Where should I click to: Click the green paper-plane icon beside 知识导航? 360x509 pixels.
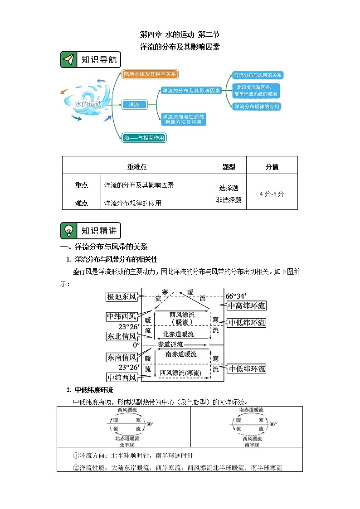(x=68, y=60)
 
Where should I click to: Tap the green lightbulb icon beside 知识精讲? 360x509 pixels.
(x=68, y=231)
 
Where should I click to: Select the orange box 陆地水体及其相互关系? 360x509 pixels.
(x=151, y=74)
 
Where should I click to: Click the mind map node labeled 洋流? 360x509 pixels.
(x=134, y=105)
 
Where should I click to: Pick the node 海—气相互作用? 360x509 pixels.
(x=144, y=137)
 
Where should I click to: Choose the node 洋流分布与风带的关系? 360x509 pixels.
(x=258, y=75)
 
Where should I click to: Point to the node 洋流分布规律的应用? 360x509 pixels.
(x=257, y=107)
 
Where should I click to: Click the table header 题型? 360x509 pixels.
(x=229, y=167)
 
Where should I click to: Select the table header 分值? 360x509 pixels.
(x=272, y=167)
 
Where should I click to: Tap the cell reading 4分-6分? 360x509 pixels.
(x=272, y=194)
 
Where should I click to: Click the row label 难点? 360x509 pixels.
(x=82, y=203)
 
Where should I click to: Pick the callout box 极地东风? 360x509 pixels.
(x=122, y=297)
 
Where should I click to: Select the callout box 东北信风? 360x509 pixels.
(x=122, y=336)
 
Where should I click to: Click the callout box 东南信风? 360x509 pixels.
(x=122, y=358)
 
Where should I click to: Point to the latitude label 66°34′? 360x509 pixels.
(x=238, y=296)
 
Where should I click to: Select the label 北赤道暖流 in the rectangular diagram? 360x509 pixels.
(x=178, y=334)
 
